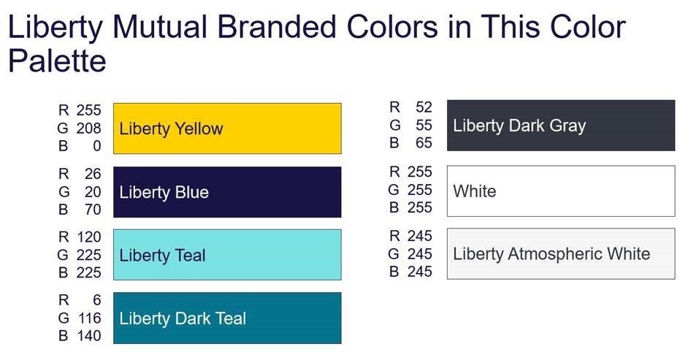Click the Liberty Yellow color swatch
click(227, 129)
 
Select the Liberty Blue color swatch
click(227, 192)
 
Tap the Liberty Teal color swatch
click(227, 255)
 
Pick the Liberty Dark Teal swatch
click(227, 318)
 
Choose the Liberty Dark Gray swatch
click(561, 125)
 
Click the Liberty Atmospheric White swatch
click(561, 254)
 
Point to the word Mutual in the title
click(160, 26)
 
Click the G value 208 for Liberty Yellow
click(88, 129)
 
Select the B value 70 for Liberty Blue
click(93, 210)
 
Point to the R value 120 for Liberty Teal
click(88, 237)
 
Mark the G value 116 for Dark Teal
click(88, 318)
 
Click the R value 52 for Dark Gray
click(424, 107)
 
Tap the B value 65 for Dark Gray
click(424, 142)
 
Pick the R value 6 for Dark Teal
click(97, 300)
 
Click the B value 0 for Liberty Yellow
click(97, 146)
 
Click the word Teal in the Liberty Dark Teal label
click(231, 318)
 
